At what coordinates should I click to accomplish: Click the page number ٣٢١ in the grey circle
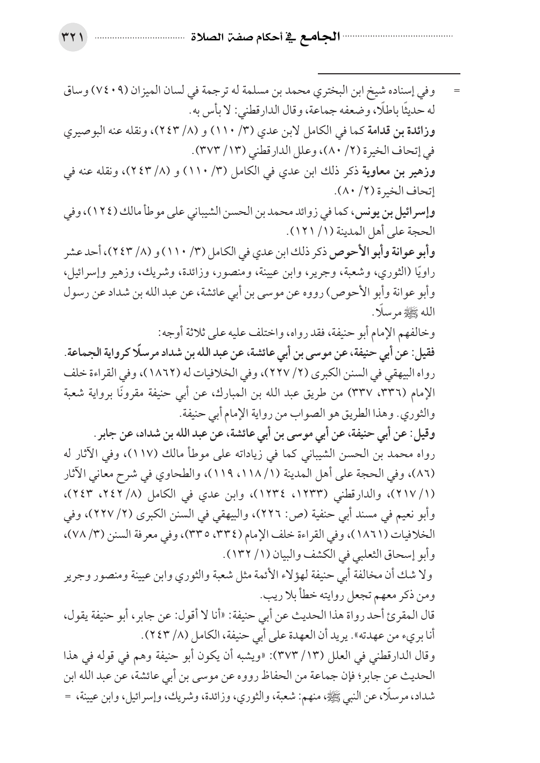click(74, 39)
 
